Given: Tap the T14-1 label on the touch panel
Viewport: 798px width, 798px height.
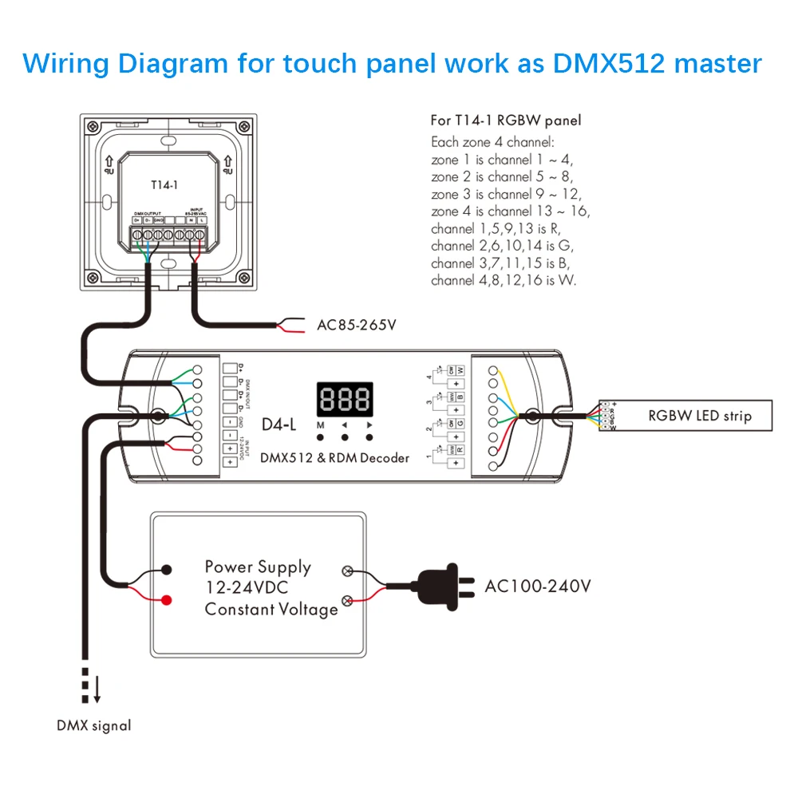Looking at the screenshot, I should point(164,184).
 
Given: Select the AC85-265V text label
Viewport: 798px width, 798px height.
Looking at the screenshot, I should point(357,325).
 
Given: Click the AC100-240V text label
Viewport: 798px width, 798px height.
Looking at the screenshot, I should point(538,587).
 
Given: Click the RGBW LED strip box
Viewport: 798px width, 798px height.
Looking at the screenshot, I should point(699,415).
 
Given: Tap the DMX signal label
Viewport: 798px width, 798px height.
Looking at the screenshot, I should point(93,725).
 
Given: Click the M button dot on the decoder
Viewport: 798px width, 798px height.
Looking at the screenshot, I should point(321,437).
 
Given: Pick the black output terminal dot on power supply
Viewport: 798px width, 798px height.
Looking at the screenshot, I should point(167,570).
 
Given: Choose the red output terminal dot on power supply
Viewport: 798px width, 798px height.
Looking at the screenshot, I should point(167,600).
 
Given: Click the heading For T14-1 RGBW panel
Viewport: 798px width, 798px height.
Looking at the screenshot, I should point(506,120).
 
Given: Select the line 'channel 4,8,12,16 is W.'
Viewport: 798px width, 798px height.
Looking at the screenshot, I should point(504,280).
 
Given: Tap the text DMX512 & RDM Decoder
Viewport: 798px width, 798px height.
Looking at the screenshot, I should point(336,457).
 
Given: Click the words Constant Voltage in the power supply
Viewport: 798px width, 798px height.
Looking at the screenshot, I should point(271,610).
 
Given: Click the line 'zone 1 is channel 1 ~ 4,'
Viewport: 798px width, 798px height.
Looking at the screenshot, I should point(502,160).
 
